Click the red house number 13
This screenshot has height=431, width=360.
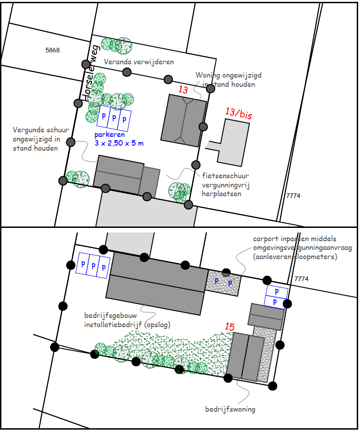[x=183, y=90]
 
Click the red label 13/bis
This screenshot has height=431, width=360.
[x=239, y=113]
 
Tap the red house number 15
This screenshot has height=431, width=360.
[x=229, y=327]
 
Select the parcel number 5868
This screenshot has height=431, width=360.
[x=52, y=50]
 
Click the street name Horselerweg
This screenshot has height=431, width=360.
[x=91, y=73]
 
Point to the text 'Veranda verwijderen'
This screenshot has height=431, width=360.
[x=139, y=62]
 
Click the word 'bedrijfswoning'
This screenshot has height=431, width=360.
[x=230, y=409]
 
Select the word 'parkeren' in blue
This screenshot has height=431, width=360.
[x=109, y=135]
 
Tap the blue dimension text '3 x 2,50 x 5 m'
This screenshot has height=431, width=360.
[x=119, y=143]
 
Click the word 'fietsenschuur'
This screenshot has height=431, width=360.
[x=225, y=176]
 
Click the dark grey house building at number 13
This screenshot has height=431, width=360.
[x=183, y=120]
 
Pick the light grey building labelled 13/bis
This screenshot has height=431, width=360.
[x=231, y=142]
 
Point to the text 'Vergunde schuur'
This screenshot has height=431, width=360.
[x=41, y=130]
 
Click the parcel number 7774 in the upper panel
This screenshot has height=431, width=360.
[x=293, y=196]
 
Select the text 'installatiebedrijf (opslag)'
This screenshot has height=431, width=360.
[x=127, y=324]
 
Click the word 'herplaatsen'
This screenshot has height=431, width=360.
[x=222, y=194]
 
